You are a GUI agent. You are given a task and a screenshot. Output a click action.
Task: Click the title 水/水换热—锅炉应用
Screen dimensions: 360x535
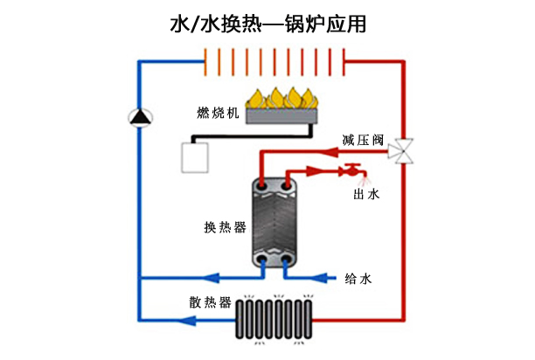267,24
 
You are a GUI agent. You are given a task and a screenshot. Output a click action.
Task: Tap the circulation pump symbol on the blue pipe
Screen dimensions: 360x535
140,116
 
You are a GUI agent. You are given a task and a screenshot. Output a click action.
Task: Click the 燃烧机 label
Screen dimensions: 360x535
214,114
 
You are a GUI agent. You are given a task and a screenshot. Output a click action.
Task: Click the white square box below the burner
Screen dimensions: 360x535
192,157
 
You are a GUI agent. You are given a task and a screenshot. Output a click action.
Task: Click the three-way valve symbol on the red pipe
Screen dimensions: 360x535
403,149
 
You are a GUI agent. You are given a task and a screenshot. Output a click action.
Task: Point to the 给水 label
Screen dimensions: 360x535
358,279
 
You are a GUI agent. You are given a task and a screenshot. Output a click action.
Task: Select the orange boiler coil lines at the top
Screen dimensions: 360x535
274,60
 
